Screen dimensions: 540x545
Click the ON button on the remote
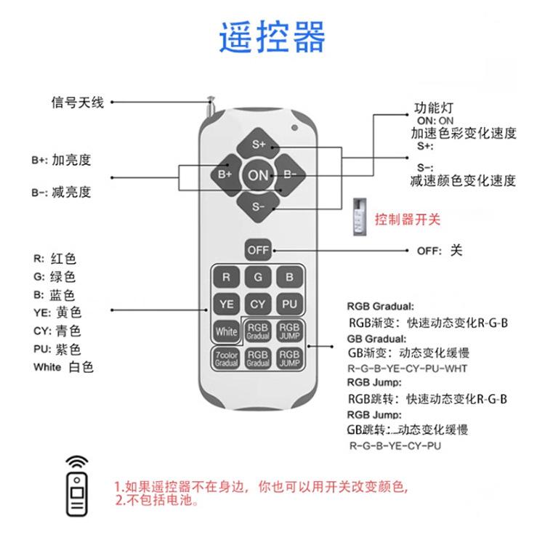[x=258, y=175]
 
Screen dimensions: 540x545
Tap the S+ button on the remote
[x=259, y=144]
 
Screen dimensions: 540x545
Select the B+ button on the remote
[x=225, y=175]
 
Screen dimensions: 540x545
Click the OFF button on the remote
[x=258, y=250]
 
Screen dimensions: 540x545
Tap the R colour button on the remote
[x=226, y=278]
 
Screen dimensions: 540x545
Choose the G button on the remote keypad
[x=258, y=278]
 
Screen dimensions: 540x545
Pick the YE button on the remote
[x=226, y=305]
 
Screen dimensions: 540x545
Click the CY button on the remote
[x=258, y=305]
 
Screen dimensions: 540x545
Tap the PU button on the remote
[x=290, y=305]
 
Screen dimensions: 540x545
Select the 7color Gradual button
[x=226, y=358]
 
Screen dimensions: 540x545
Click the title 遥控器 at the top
[x=272, y=37]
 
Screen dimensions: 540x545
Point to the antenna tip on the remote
[x=211, y=100]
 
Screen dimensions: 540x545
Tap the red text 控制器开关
[x=407, y=219]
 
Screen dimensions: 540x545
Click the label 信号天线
[x=77, y=102]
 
